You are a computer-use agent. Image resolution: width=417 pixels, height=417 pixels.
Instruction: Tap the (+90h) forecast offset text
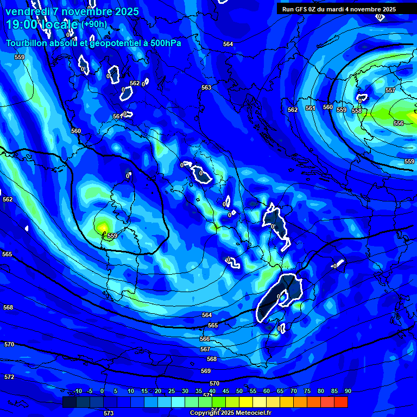94,24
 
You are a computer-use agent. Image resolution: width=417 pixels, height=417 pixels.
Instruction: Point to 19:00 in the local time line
21,24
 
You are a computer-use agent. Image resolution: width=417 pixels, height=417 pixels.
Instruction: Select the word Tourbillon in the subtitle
28,43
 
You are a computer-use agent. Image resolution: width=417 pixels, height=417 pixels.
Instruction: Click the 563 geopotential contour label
206,87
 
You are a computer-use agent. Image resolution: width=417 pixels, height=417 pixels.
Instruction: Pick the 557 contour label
390,90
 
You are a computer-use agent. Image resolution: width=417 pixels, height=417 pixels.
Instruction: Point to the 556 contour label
399,123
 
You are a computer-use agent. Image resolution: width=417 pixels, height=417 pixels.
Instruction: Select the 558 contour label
357,111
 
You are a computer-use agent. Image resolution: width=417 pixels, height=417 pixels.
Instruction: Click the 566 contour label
205,339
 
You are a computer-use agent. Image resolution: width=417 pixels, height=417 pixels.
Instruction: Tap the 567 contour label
205,349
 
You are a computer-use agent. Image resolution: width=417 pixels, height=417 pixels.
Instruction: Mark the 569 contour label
206,371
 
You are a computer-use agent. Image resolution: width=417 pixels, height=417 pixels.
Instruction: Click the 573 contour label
109,413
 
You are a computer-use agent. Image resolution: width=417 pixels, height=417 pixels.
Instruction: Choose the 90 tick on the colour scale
347,391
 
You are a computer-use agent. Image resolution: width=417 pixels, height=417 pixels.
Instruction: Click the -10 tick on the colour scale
77,391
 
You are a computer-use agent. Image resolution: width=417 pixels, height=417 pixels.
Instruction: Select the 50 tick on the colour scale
239,391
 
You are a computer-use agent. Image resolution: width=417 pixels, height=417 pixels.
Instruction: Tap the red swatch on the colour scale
340,402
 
